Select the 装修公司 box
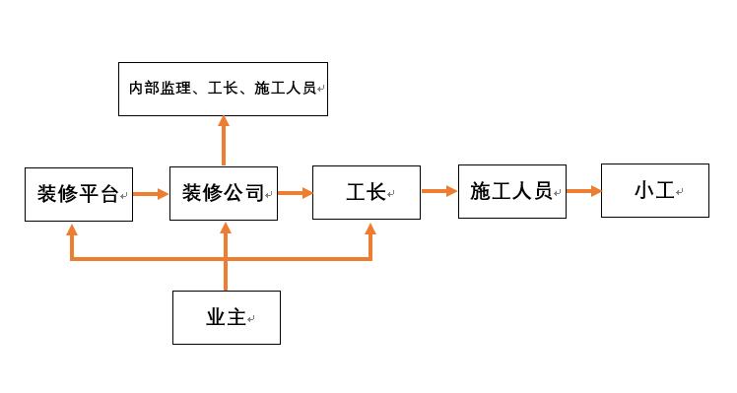pos(224,193)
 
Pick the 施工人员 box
pos(511,191)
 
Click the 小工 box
pos(654,191)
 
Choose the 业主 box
pos(226,317)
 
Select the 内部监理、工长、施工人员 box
pos(223,89)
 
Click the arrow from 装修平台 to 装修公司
pos(151,194)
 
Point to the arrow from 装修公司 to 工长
pos(295,193)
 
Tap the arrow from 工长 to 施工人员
pos(438,191)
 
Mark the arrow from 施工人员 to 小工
pos(583,191)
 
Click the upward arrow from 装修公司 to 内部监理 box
pos(224,141)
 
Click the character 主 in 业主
pos(235,317)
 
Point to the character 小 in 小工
pos(644,191)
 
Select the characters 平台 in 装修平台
pos(99,194)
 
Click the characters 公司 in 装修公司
pos(244,193)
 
